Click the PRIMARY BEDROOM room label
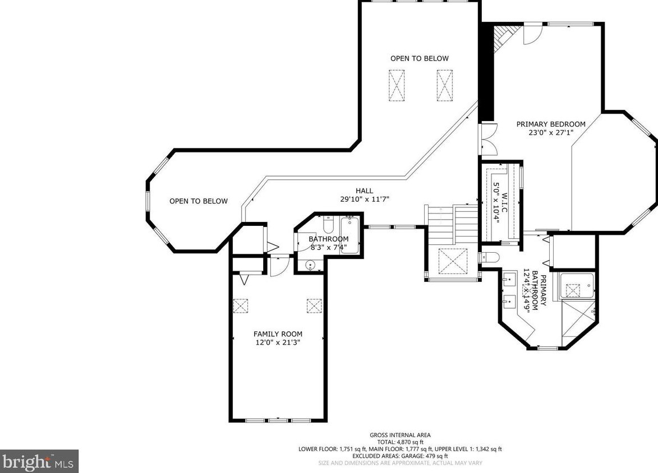point(550,124)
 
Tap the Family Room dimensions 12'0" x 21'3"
point(278,342)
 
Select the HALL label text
point(364,191)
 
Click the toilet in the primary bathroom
point(489,257)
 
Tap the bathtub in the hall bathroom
point(349,235)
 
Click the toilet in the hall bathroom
point(328,225)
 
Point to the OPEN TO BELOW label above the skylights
point(419,59)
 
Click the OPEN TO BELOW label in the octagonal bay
point(199,201)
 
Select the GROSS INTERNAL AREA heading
point(400,435)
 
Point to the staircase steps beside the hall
point(453,226)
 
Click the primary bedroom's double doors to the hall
point(489,140)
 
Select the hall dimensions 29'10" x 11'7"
point(365,199)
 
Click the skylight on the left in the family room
point(241,305)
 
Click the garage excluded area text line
point(400,456)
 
